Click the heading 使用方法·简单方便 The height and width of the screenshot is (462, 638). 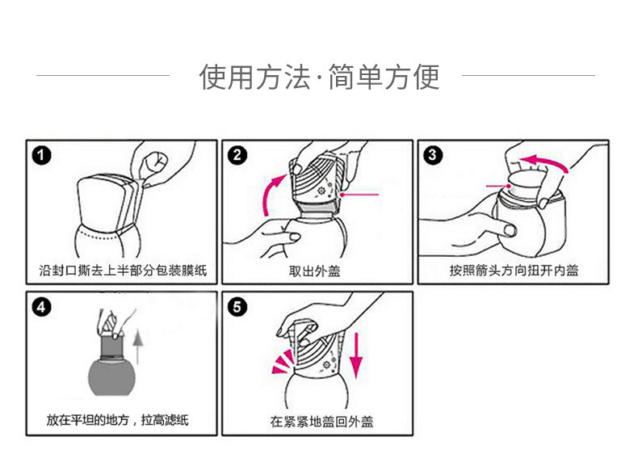[x=319, y=78]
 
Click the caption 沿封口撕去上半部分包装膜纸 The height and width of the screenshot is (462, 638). [x=123, y=270]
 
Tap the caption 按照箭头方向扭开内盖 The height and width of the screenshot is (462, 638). [x=514, y=270]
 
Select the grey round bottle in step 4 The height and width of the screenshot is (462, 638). [x=108, y=376]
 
